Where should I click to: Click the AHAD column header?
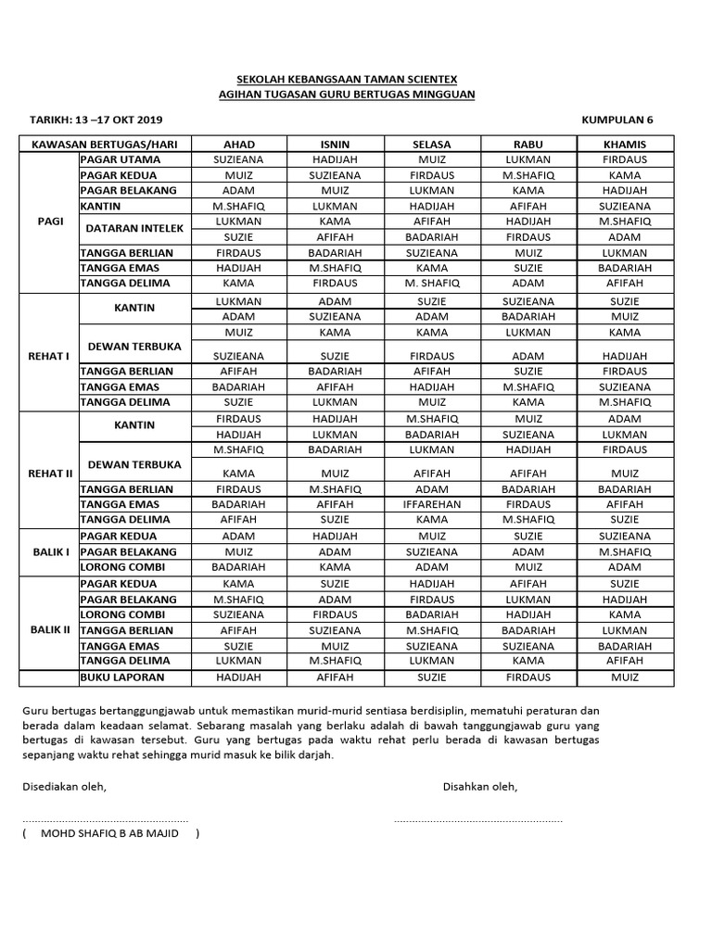(238, 145)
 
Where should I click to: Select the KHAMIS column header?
(625, 145)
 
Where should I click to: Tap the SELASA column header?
(431, 145)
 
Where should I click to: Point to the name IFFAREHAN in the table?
(431, 504)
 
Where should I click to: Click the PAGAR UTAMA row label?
(121, 159)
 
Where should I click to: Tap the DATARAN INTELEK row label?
(135, 228)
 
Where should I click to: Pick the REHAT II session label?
(49, 473)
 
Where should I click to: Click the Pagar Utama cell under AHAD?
(238, 159)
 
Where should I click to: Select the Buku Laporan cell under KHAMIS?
(625, 677)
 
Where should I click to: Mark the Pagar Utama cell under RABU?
(528, 159)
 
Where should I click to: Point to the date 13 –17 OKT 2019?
(110, 120)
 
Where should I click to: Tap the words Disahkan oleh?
(480, 787)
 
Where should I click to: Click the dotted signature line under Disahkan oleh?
(477, 820)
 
